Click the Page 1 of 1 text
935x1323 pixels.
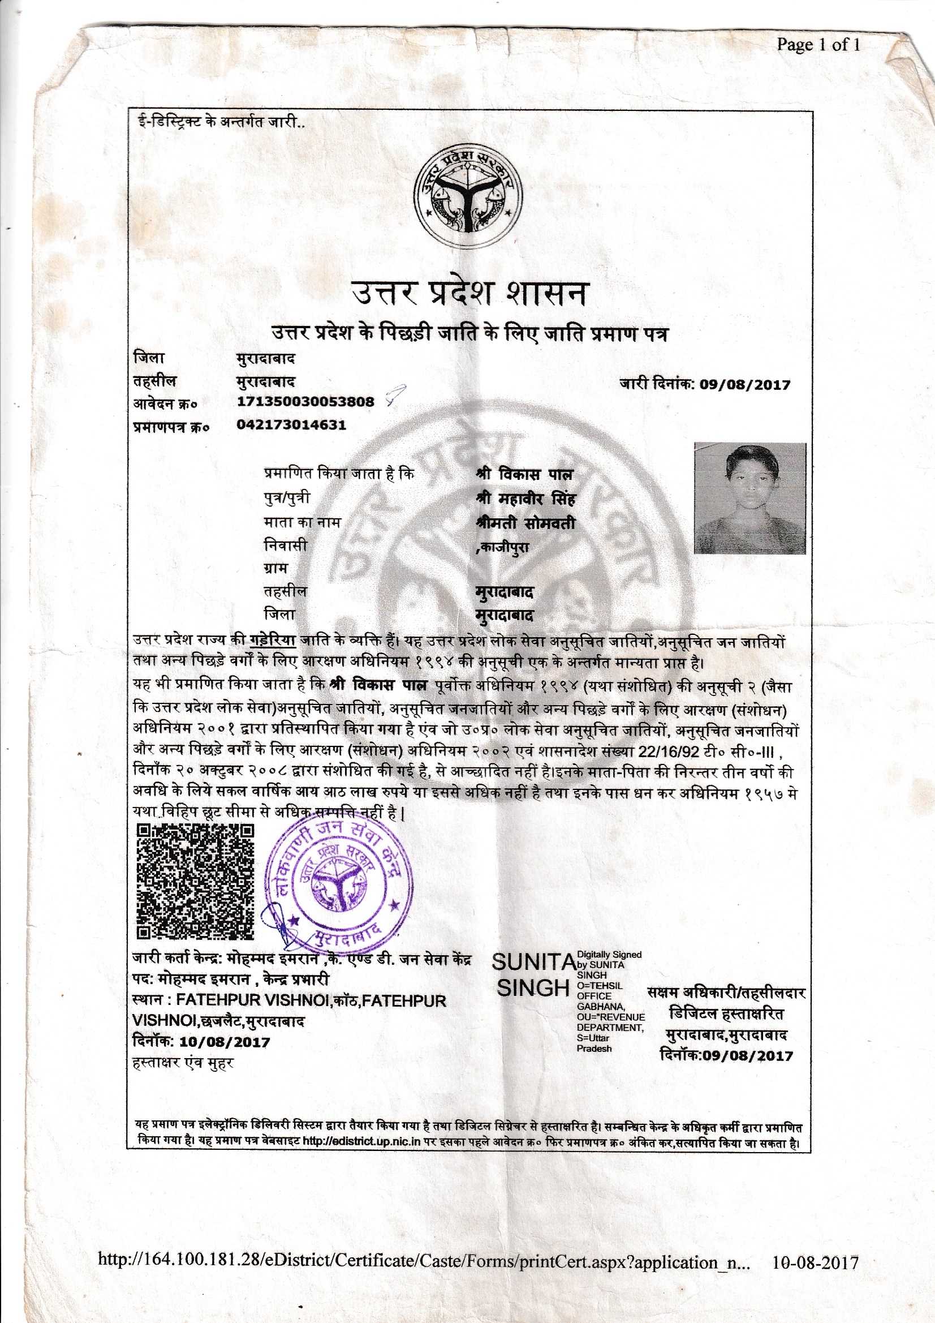(818, 45)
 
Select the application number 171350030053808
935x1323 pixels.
(305, 402)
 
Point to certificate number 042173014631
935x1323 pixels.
(291, 426)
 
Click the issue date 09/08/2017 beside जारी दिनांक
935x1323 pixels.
(744, 385)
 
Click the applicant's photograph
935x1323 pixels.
(749, 498)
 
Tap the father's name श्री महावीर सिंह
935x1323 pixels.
(525, 499)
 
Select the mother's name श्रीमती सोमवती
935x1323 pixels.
(525, 523)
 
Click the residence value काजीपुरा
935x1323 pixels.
(503, 548)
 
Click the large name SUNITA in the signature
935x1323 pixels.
(533, 962)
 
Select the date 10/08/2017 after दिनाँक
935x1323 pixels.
(225, 1041)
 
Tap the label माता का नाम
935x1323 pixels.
(302, 523)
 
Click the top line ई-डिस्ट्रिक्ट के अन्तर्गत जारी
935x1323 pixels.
(219, 123)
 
